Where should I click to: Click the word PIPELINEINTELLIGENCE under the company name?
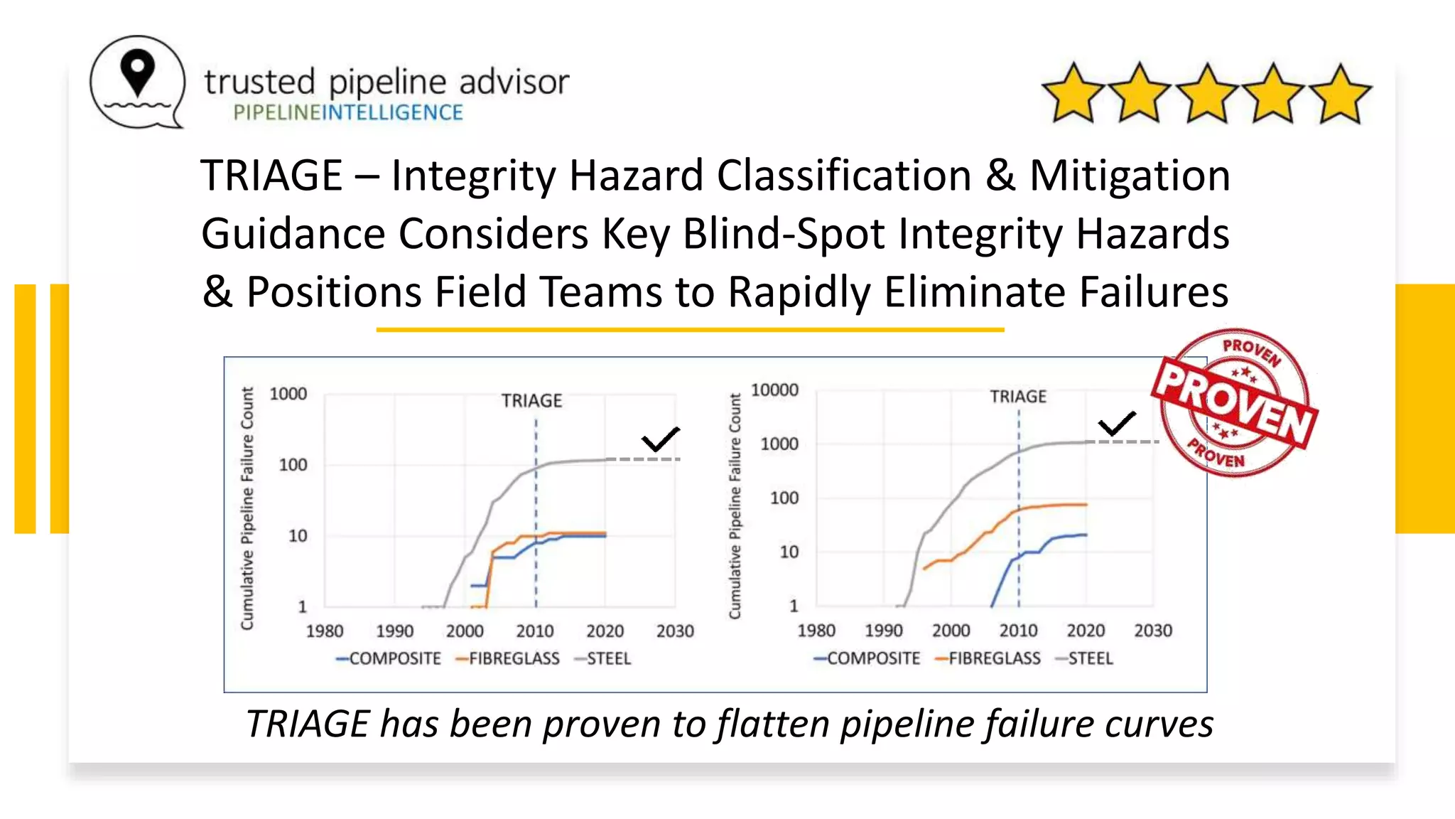348,112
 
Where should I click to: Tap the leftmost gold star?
1073,94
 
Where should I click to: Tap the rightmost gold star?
1340,94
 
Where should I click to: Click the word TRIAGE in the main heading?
272,176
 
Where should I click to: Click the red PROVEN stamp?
1235,402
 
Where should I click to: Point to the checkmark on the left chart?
660,439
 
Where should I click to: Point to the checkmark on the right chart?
1117,424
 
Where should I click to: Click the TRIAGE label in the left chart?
531,401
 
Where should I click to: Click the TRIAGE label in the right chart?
1018,397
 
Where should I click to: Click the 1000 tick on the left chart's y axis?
288,394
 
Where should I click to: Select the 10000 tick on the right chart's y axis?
774,390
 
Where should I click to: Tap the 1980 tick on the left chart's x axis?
325,631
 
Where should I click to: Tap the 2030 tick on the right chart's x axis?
1153,631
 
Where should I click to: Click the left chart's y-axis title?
247,508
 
